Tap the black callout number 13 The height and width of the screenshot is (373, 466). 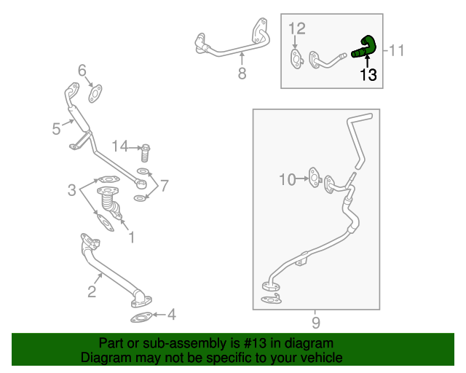pos(368,75)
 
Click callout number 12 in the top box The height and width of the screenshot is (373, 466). pos(296,28)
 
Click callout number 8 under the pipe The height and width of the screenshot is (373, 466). pos(242,73)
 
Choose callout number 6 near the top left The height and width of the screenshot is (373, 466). pos(82,71)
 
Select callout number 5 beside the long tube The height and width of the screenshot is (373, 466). pos(56,129)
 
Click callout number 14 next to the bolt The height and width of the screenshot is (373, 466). pos(119,147)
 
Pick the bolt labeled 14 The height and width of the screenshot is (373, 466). pos(145,152)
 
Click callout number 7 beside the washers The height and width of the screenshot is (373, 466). pos(165,185)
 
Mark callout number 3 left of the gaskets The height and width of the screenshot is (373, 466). pos(72,191)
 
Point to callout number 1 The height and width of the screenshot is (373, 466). pos(131,237)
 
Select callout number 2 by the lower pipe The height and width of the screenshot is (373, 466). pos(92,293)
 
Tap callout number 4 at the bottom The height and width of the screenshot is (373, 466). pos(172,315)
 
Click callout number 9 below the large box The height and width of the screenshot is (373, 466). pos(315,321)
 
